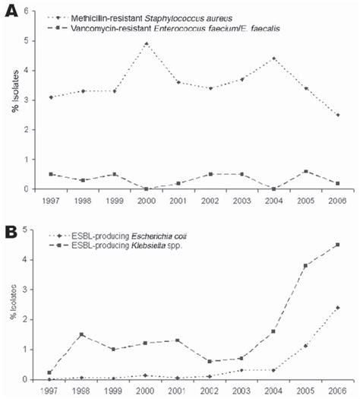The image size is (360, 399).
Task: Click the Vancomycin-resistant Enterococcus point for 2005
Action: (305, 171)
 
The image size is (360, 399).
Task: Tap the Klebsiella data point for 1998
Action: (81, 334)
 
